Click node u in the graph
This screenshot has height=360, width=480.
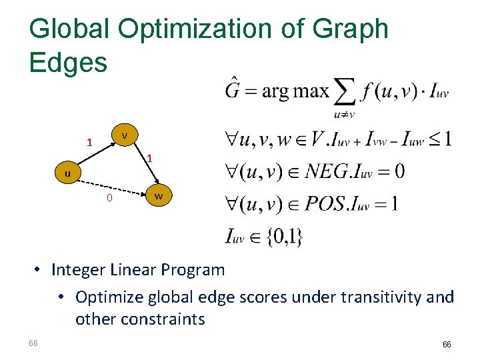click(x=67, y=173)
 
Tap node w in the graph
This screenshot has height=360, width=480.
click(x=158, y=197)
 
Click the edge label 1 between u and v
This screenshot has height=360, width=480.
click(x=89, y=143)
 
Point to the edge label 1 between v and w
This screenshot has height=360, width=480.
click(x=150, y=159)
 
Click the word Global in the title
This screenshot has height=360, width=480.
click(x=69, y=29)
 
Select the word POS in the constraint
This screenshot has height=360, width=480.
click(x=326, y=203)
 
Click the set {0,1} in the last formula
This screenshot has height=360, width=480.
click(x=283, y=236)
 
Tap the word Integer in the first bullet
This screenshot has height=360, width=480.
click(x=79, y=270)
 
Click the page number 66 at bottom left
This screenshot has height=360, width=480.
click(x=33, y=343)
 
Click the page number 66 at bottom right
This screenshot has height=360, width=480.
click(x=447, y=345)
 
